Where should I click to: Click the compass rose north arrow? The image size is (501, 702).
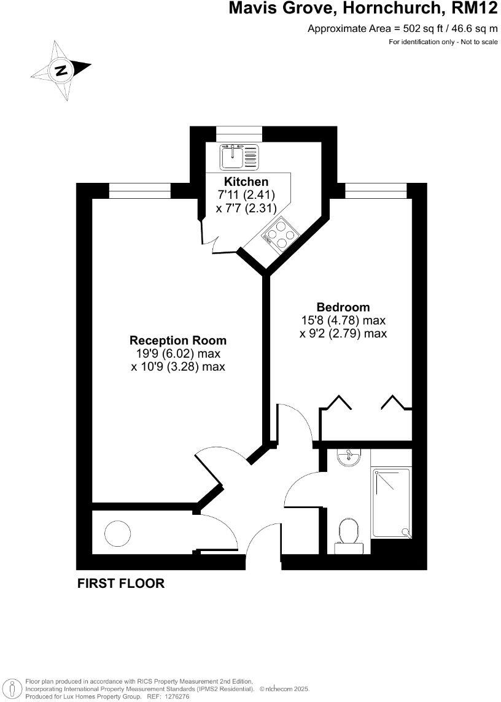point(61,70)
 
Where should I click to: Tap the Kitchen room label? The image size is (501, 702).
point(246,182)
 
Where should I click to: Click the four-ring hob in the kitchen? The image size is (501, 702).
point(280,233)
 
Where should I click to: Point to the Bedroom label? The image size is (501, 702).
point(343,307)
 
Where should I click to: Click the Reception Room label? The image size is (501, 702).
point(177,340)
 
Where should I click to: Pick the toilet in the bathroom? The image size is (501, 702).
point(349,531)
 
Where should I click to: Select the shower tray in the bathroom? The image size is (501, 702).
point(390,503)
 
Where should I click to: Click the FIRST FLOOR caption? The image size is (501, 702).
point(121,584)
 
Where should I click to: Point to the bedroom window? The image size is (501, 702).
point(376,191)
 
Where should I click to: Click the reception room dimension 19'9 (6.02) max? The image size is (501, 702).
point(177,354)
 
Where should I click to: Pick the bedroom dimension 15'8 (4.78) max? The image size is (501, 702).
point(343,320)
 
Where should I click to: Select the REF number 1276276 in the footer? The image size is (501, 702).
point(178,696)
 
